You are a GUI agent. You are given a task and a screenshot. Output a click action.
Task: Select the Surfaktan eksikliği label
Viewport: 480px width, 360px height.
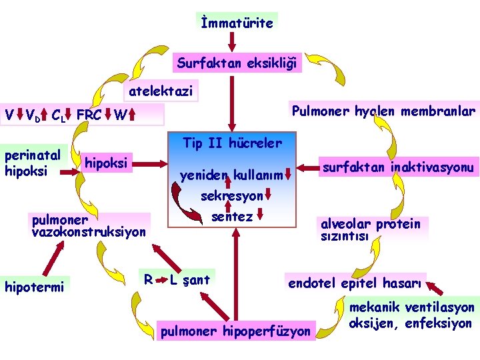[x=237, y=64]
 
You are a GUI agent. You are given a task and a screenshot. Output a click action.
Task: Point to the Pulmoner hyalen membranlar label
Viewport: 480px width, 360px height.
[x=382, y=110]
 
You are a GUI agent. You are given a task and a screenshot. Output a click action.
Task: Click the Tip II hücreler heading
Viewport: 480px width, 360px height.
[x=232, y=143]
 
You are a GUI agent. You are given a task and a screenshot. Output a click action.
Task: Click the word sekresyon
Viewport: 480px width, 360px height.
[x=231, y=197]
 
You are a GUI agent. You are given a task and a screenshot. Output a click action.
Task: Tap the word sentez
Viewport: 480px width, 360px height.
[x=231, y=217]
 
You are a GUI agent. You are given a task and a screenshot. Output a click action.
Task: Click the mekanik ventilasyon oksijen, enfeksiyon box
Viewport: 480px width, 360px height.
[x=411, y=315]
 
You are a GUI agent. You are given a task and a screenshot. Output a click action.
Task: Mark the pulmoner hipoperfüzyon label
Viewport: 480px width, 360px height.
[x=235, y=331]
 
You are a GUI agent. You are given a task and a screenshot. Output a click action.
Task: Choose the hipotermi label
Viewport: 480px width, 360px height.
[x=34, y=287]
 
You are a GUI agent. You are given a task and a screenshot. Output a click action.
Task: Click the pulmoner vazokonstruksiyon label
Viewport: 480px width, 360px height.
[x=88, y=225]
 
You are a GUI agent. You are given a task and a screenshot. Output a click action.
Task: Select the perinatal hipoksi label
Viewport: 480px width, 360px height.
[x=33, y=163]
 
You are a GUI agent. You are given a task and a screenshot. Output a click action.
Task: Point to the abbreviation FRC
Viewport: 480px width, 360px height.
[x=89, y=115]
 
